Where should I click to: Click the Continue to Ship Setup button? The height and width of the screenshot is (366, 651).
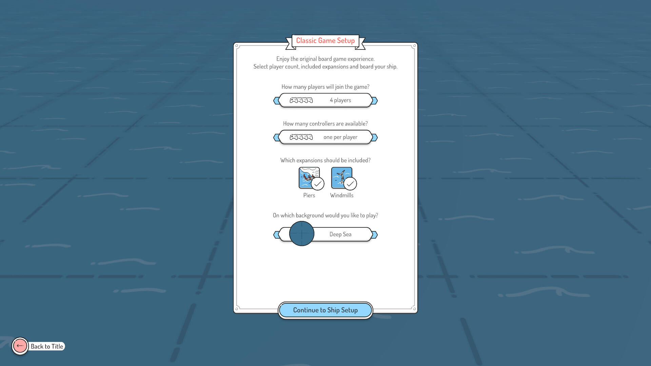tap(325, 310)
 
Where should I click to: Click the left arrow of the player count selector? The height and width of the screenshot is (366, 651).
tap(277, 101)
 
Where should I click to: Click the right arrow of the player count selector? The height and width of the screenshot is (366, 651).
tap(374, 101)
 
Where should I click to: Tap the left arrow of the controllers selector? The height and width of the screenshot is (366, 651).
tap(277, 137)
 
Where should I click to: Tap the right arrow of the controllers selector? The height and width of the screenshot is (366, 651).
tap(374, 137)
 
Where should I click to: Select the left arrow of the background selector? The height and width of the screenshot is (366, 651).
tap(277, 235)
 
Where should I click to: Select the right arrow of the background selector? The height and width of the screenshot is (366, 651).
tap(374, 235)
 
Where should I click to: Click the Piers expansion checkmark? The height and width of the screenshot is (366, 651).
tap(318, 184)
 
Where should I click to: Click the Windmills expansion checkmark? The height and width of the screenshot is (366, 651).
tap(350, 184)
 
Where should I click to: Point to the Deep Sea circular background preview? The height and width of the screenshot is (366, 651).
tap(302, 233)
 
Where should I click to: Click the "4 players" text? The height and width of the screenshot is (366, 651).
tap(340, 100)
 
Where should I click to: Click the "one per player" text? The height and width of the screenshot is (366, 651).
tap(340, 137)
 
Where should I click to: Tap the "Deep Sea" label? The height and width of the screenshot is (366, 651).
tap(340, 235)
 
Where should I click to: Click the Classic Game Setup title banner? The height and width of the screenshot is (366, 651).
tap(325, 41)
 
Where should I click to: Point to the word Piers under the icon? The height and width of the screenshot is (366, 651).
tap(309, 195)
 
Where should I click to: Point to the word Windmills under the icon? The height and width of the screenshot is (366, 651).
tap(342, 195)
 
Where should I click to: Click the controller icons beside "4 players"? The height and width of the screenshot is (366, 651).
tap(301, 100)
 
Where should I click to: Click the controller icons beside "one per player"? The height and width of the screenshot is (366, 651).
tap(301, 137)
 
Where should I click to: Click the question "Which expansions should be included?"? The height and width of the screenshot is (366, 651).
tap(325, 160)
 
